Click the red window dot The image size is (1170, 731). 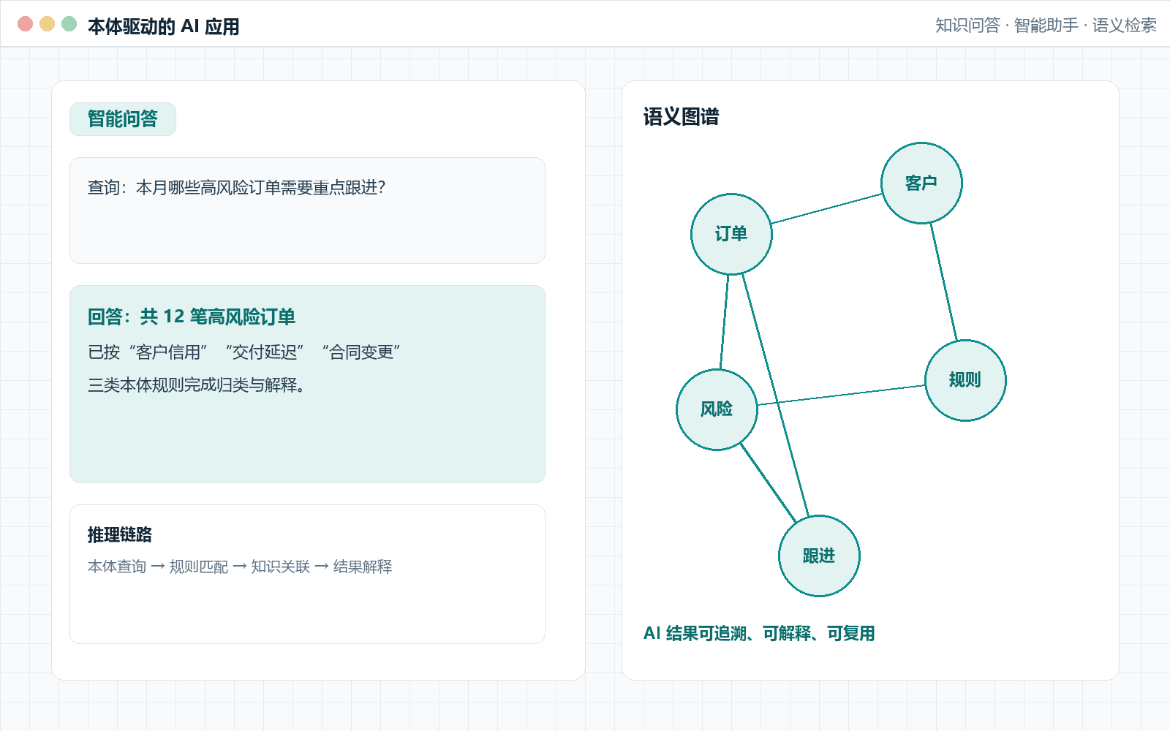click(25, 24)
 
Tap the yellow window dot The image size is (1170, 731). click(47, 24)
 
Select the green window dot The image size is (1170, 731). click(69, 24)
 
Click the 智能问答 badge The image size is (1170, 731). click(123, 119)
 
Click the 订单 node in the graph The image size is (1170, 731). click(731, 234)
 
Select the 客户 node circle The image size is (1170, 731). click(921, 183)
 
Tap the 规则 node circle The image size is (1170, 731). click(965, 380)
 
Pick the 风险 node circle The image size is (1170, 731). click(717, 409)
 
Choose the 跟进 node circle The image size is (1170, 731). click(819, 556)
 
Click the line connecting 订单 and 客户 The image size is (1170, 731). click(826, 208)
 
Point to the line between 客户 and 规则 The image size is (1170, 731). click(943, 282)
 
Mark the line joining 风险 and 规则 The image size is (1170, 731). click(841, 395)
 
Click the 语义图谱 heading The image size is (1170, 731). click(681, 117)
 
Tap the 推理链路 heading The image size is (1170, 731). click(120, 534)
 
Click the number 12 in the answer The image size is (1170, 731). click(174, 317)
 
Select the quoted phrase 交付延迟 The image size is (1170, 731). click(264, 352)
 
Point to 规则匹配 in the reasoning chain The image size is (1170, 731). click(199, 567)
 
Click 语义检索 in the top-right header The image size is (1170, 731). click(1125, 25)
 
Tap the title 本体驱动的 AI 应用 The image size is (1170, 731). click(164, 26)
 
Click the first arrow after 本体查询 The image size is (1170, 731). click(158, 567)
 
